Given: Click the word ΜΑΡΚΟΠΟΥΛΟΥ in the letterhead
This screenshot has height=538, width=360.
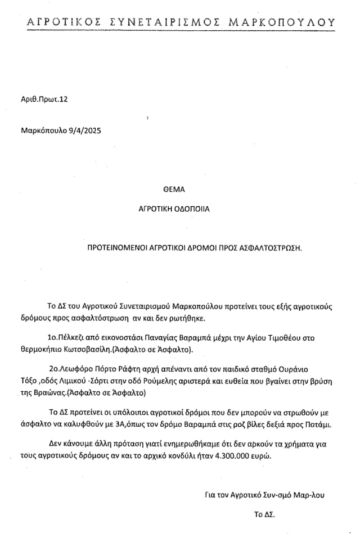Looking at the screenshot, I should [282, 22].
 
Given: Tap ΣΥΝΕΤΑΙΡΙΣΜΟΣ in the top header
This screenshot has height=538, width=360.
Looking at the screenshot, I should [165, 22].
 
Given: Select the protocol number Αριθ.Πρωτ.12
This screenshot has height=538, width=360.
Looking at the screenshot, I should [44, 100].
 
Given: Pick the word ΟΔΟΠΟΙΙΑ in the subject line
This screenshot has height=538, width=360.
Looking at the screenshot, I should [190, 208].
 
